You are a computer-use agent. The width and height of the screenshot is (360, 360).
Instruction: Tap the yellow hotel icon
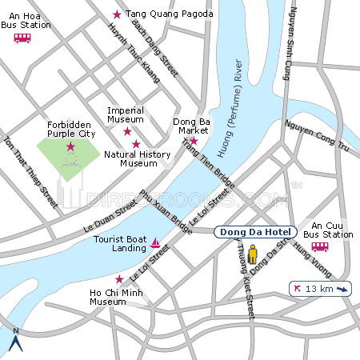254,255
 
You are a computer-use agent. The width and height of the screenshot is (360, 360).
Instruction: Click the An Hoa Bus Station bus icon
22,38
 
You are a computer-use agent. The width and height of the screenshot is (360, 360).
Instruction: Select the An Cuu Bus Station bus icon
319,247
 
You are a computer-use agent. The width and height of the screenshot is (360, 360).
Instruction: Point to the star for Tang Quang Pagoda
118,14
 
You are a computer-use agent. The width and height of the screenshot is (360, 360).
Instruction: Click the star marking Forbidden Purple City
70,146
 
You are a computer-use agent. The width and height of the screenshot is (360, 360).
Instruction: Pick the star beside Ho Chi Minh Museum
119,279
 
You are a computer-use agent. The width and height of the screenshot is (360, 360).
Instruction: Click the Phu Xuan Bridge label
166,211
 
